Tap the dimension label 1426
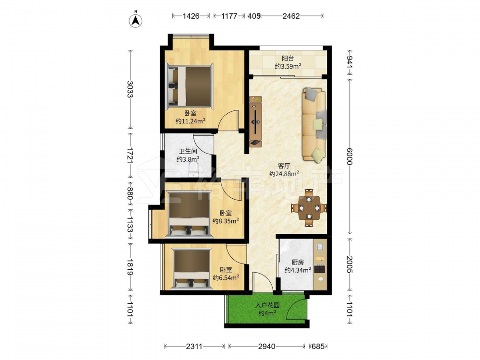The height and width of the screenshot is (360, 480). [191, 16]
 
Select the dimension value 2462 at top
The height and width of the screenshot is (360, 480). [291, 16]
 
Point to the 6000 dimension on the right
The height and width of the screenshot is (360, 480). [349, 156]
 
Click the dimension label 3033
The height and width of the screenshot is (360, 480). [130, 89]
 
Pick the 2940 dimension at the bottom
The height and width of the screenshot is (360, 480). [266, 346]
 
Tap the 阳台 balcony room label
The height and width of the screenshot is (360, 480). [288, 58]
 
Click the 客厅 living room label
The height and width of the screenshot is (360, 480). [284, 166]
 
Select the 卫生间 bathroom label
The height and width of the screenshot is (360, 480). [188, 151]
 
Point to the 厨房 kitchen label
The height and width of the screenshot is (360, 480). [298, 263]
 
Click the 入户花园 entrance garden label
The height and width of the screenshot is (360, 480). [267, 305]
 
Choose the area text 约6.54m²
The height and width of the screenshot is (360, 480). [226, 277]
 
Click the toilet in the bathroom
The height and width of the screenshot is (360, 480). [193, 169]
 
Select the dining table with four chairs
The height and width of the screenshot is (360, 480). [309, 208]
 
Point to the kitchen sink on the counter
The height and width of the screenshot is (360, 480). [320, 246]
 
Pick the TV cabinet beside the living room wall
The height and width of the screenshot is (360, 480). [255, 121]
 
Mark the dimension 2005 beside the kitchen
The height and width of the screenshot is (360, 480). [349, 264]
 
